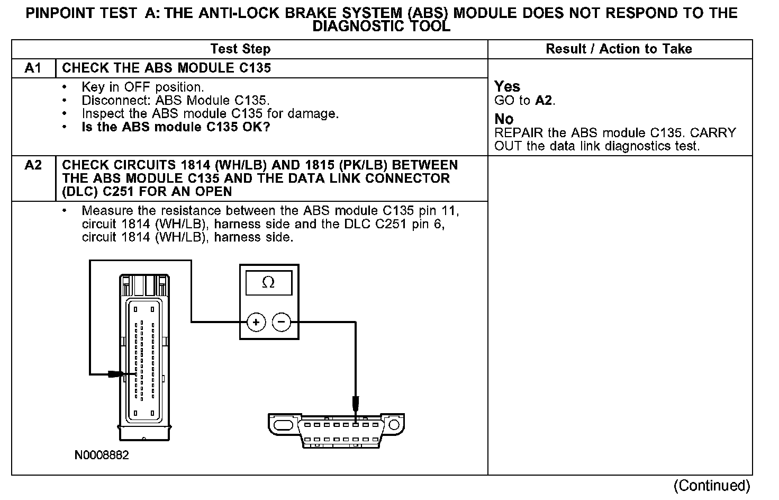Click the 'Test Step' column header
coord(240,49)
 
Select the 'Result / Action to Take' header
coord(619,49)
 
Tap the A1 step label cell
coord(33,68)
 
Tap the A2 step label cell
coord(33,165)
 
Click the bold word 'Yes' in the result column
coord(507,86)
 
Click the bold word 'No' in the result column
coord(504,119)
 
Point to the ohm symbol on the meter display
coord(268,283)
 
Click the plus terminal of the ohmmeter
coord(256,322)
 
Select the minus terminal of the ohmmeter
coord(282,322)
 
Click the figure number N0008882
coord(102,455)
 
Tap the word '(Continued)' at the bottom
coord(712,485)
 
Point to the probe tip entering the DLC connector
coord(356,406)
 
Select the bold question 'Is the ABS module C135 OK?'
coord(176,127)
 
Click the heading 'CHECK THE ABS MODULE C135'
coord(166,68)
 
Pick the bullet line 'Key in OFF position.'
coord(142,87)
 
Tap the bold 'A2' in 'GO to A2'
coord(544,101)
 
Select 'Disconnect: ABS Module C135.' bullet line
coord(176,100)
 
